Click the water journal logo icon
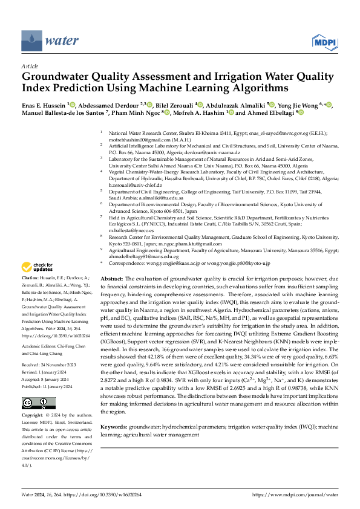(32, 41)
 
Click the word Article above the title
(29, 66)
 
